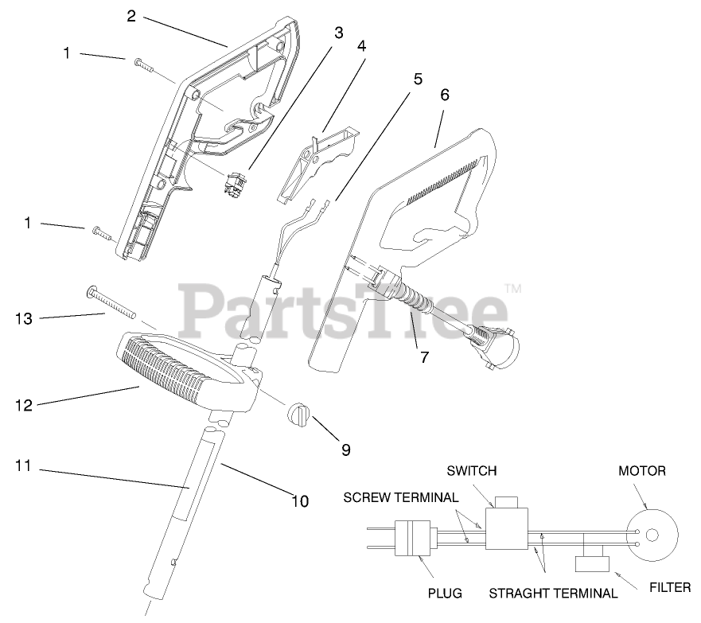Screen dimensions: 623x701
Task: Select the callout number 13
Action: [x=25, y=319]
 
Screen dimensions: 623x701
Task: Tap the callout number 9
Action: [x=346, y=449]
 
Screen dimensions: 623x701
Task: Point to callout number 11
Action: [x=24, y=465]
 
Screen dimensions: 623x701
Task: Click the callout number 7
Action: [x=424, y=357]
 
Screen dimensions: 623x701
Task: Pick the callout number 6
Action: [x=444, y=95]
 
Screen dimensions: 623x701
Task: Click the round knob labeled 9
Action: [x=297, y=415]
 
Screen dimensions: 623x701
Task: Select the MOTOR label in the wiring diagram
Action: [x=642, y=471]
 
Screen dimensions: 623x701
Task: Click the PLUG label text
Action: [x=446, y=593]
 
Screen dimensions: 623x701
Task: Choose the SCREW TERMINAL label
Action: [x=400, y=498]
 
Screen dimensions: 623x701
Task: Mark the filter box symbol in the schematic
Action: [x=592, y=564]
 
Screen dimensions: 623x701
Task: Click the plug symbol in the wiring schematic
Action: [x=418, y=538]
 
